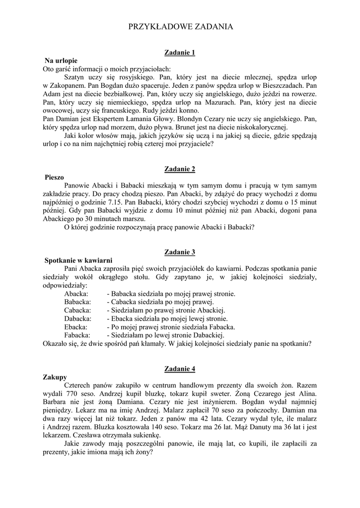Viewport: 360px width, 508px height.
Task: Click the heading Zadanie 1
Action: point(180,52)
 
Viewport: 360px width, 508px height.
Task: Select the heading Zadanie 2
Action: point(180,169)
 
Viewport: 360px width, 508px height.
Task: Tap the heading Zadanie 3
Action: point(180,252)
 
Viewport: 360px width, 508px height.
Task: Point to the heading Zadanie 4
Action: point(180,369)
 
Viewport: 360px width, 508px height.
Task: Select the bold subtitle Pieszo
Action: point(54,177)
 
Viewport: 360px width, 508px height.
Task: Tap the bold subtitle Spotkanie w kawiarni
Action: point(78,260)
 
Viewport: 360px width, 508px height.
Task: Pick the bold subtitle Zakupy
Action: point(56,377)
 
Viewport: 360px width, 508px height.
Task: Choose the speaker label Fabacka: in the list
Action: point(77,335)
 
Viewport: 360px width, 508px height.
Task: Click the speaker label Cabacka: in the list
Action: point(77,310)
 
